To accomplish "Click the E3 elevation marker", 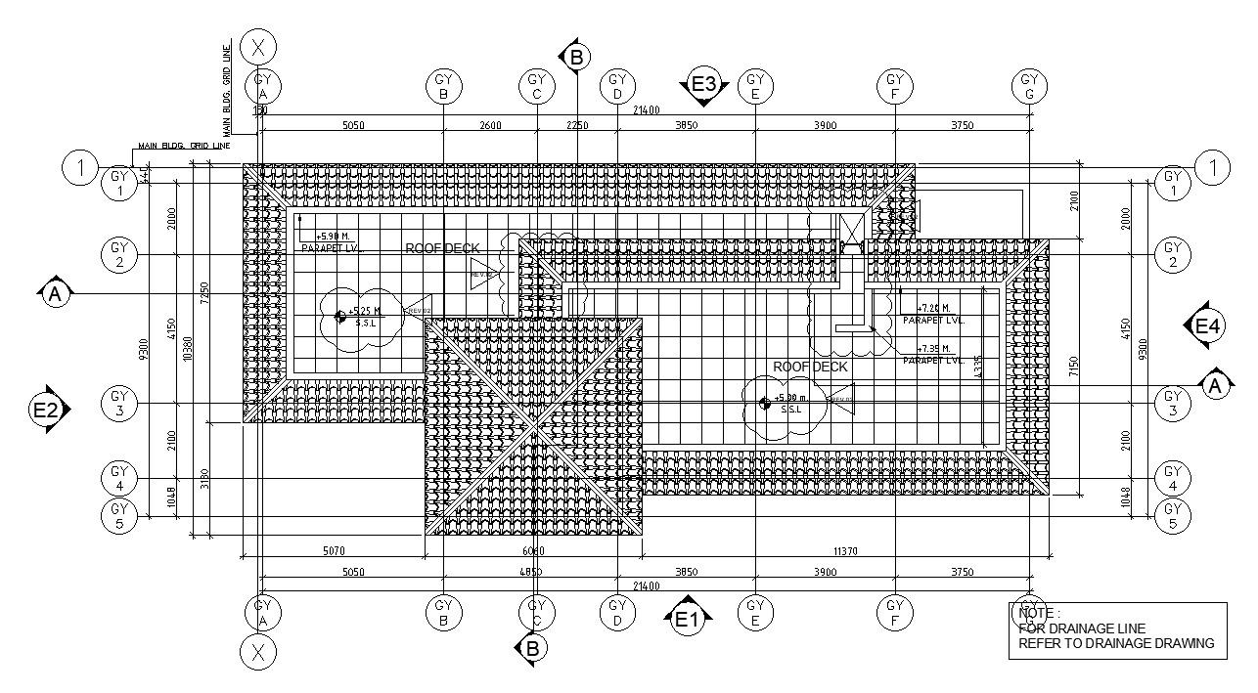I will pos(704,84).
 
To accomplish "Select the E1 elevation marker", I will pos(687,618).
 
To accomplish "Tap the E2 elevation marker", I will pos(46,411).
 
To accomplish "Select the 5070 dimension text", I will pos(334,552).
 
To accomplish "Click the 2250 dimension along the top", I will pos(577,125).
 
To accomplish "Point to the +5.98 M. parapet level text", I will pos(334,237).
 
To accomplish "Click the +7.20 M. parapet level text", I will pos(933,308).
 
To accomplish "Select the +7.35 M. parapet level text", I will pos(933,349).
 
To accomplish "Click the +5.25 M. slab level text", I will pos(364,311).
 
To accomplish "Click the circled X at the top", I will pos(258,46).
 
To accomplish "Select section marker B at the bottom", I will pos(532,648).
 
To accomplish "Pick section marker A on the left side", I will pos(55,293).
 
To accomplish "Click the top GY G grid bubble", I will pos(1029,86).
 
